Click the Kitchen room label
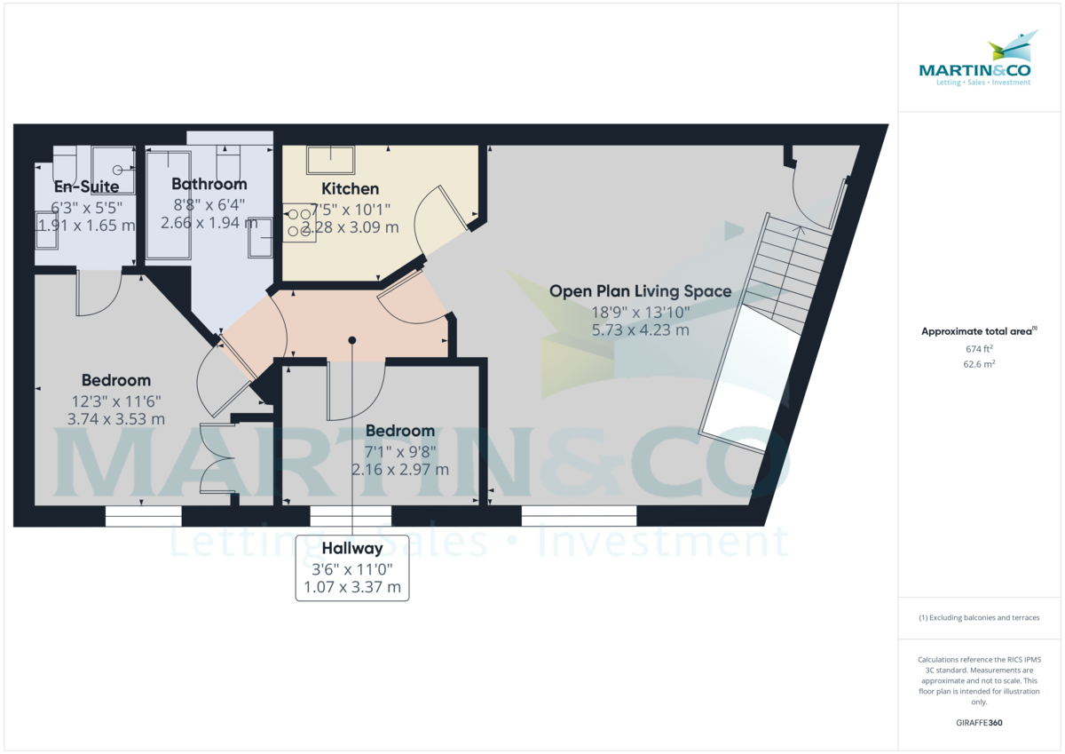pyautogui.click(x=350, y=189)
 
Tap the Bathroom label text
pyautogui.click(x=209, y=185)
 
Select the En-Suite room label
pyautogui.click(x=88, y=187)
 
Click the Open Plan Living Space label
pyautogui.click(x=640, y=291)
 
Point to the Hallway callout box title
pyautogui.click(x=352, y=549)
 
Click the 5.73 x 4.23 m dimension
pyautogui.click(x=640, y=330)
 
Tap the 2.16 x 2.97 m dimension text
pyautogui.click(x=399, y=470)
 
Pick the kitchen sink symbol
pyautogui.click(x=330, y=160)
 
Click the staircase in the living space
pyautogui.click(x=785, y=271)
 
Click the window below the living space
pyautogui.click(x=579, y=515)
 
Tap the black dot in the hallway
pyautogui.click(x=352, y=340)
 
